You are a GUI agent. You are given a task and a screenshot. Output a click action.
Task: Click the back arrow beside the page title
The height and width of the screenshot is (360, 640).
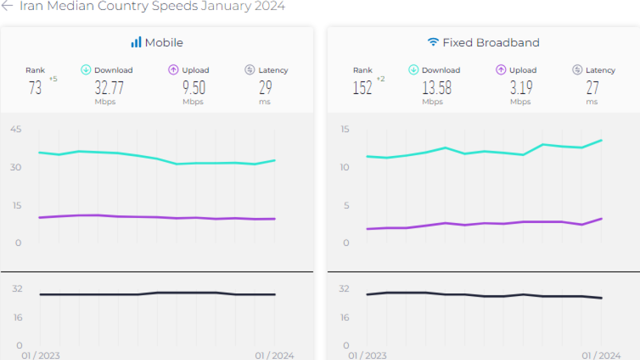(7, 6)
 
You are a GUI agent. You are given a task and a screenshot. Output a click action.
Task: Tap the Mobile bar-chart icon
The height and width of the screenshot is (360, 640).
(136, 42)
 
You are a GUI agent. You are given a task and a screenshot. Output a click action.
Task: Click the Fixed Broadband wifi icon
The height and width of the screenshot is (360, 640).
(433, 42)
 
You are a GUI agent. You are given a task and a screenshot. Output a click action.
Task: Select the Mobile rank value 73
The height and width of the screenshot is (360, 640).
(35, 88)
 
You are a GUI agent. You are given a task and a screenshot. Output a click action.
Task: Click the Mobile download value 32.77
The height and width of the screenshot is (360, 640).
(109, 88)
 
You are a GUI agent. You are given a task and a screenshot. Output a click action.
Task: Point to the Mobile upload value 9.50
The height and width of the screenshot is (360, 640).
(193, 88)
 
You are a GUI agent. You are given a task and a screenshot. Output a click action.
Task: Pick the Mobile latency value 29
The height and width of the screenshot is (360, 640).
(265, 88)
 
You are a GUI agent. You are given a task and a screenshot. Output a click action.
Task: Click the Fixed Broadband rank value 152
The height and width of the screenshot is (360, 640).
(362, 88)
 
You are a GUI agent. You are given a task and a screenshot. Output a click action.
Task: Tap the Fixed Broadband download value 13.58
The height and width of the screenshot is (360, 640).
(436, 88)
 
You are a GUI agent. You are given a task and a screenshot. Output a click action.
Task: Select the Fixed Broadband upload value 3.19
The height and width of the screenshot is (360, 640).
(521, 88)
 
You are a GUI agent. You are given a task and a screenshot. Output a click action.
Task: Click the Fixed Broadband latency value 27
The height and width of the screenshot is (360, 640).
(592, 88)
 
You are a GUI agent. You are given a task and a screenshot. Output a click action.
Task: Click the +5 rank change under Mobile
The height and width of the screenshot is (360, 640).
(53, 78)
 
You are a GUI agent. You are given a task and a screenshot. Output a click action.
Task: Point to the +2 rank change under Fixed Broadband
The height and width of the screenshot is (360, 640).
(380, 78)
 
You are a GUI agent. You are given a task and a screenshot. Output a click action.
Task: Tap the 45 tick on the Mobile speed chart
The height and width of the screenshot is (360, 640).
(16, 129)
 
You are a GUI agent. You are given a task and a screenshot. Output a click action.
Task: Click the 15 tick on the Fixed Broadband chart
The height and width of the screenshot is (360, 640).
(345, 129)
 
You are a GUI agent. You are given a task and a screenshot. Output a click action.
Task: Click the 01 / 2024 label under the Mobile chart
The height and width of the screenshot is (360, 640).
(274, 355)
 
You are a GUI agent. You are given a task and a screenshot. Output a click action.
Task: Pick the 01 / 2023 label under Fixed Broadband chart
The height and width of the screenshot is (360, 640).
(367, 355)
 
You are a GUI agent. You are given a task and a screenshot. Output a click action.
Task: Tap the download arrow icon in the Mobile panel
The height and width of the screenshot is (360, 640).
(86, 70)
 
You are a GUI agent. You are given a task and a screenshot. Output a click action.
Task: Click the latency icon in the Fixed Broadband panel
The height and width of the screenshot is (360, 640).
(577, 70)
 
